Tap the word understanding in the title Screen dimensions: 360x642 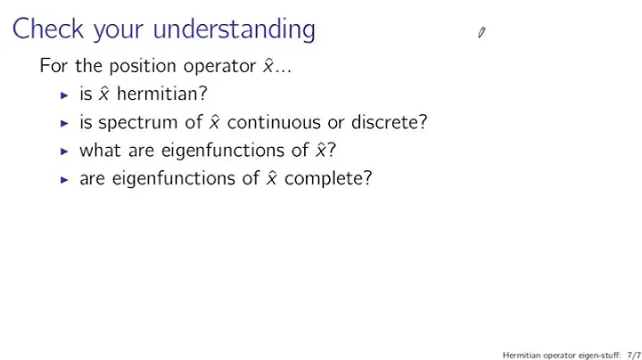pos(235,30)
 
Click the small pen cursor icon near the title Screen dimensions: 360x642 pos(481,33)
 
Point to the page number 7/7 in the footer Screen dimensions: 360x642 pos(633,353)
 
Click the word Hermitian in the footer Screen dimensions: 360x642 pos(520,353)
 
